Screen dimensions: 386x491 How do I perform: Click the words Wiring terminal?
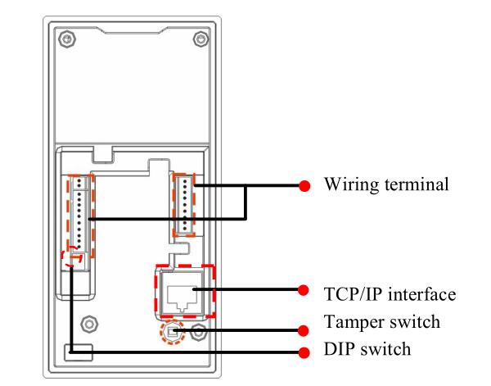tap(386, 184)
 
